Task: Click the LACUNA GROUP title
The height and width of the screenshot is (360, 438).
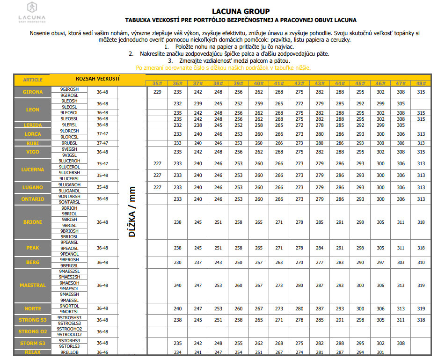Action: pyautogui.click(x=241, y=11)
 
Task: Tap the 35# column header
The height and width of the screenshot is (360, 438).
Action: pyautogui.click(x=157, y=83)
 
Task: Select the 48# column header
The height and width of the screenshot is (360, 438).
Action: pyautogui.click(x=421, y=83)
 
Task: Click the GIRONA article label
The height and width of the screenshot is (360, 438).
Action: pyautogui.click(x=32, y=92)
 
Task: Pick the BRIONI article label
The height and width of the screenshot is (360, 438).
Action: pyautogui.click(x=32, y=222)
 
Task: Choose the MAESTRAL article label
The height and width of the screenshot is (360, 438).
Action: pyautogui.click(x=32, y=285)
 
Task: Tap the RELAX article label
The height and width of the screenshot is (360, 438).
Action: pyautogui.click(x=32, y=352)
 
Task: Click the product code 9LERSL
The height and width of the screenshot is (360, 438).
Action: pyautogui.click(x=69, y=125)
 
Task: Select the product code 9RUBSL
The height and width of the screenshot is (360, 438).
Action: pyautogui.click(x=69, y=143)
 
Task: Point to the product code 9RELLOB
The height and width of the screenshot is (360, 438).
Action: pyautogui.click(x=69, y=352)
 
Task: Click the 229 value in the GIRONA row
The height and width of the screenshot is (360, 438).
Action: pyautogui.click(x=157, y=92)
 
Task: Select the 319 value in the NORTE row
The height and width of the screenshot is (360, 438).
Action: pyautogui.click(x=421, y=309)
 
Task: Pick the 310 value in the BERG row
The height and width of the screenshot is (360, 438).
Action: pyautogui.click(x=421, y=262)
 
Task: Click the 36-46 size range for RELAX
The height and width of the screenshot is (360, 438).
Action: pyautogui.click(x=102, y=352)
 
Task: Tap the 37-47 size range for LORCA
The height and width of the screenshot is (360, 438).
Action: pyautogui.click(x=102, y=134)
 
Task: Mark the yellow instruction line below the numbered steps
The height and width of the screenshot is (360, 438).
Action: pyautogui.click(x=223, y=67)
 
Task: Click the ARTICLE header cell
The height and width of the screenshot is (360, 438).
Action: pyautogui.click(x=32, y=80)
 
